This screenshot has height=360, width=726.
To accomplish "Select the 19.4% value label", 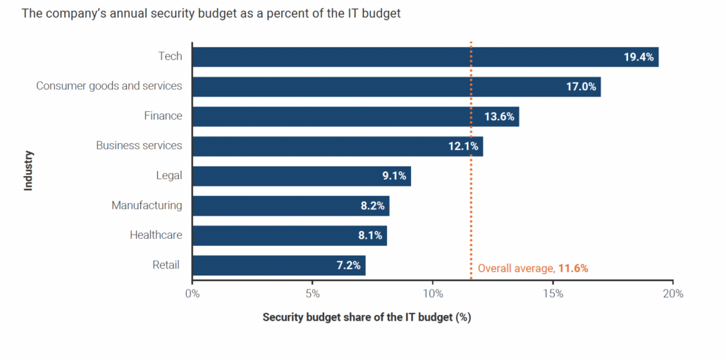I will (x=639, y=57).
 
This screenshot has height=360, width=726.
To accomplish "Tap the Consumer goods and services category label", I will (x=109, y=86).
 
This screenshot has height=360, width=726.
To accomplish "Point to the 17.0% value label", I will (x=581, y=87).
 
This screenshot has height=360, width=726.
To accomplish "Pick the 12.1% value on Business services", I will (x=463, y=147).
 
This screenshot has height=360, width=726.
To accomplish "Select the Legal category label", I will (x=168, y=175).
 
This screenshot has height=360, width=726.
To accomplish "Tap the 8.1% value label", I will (x=367, y=236).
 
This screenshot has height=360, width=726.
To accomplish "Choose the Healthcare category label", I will (x=156, y=235).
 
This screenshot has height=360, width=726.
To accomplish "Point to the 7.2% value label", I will (x=347, y=266).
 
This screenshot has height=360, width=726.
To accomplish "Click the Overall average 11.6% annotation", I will (x=532, y=268).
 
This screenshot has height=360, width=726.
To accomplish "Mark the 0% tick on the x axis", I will (x=192, y=294).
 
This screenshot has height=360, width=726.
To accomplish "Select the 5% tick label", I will (x=313, y=294).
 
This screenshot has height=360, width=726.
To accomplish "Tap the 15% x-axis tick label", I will (x=553, y=294).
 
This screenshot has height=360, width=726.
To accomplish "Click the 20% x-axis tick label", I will (x=673, y=294).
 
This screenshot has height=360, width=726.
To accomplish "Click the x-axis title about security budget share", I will (x=367, y=317).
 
